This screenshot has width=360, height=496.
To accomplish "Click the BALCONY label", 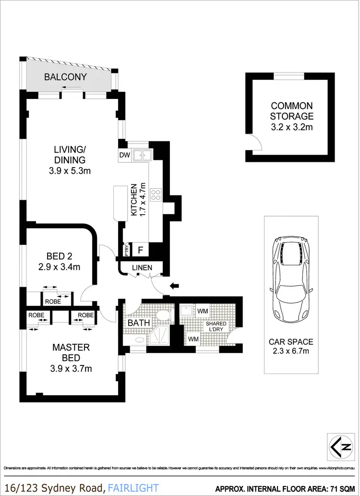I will [65, 77].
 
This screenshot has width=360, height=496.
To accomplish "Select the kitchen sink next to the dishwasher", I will [143, 155].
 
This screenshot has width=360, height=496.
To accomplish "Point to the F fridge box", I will [141, 250].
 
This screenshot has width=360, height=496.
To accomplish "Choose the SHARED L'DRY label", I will [216, 327].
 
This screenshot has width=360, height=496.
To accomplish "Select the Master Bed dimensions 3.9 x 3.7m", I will [72, 369].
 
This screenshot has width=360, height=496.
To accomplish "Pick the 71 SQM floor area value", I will [342, 488].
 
